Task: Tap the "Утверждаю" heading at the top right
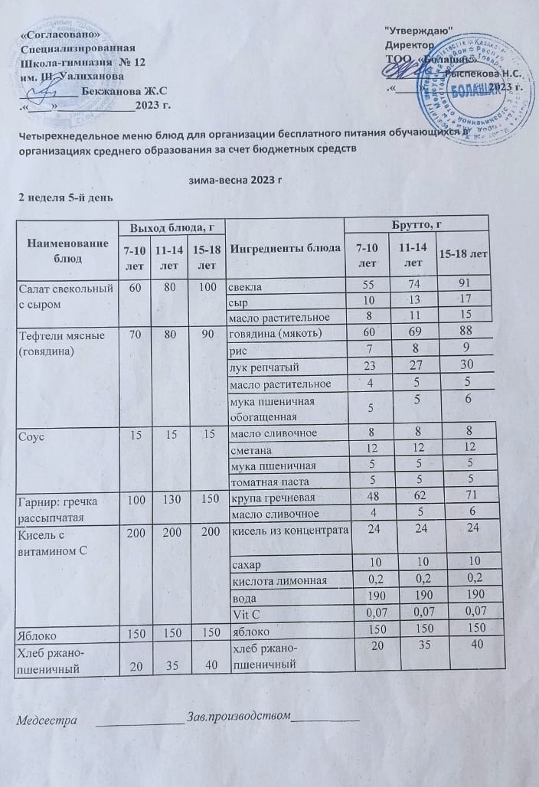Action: [416, 29]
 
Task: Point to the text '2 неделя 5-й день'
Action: [67, 198]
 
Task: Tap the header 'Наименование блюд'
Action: [67, 250]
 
